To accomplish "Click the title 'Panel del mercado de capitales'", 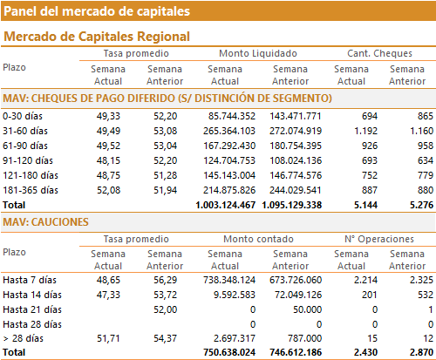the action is tap(97, 11).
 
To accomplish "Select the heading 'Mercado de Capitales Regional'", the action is tap(97, 37).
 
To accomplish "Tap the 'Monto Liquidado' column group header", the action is tap(258, 53).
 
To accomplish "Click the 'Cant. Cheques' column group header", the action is tap(379, 53).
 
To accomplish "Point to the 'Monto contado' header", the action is tap(258, 239).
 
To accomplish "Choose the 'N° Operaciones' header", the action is tap(379, 239).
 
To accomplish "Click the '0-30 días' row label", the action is tap(23, 116).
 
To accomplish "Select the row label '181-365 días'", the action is tap(31, 190).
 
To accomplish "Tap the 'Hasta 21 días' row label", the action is tap(32, 309).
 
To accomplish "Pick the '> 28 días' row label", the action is tap(24, 338).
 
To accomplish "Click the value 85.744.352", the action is tap(232, 116).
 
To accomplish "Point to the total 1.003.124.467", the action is tap(226, 205).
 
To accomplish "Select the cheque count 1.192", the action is tap(365, 131).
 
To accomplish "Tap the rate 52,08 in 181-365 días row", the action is tap(108, 190).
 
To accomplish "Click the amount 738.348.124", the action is tap(229, 280).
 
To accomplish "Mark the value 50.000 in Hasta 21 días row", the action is tap(307, 309).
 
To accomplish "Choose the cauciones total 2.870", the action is tap(421, 352).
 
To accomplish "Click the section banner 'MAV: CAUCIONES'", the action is tap(45, 222).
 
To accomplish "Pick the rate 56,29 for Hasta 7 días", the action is tap(165, 280).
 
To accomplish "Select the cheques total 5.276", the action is tap(421, 205).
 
